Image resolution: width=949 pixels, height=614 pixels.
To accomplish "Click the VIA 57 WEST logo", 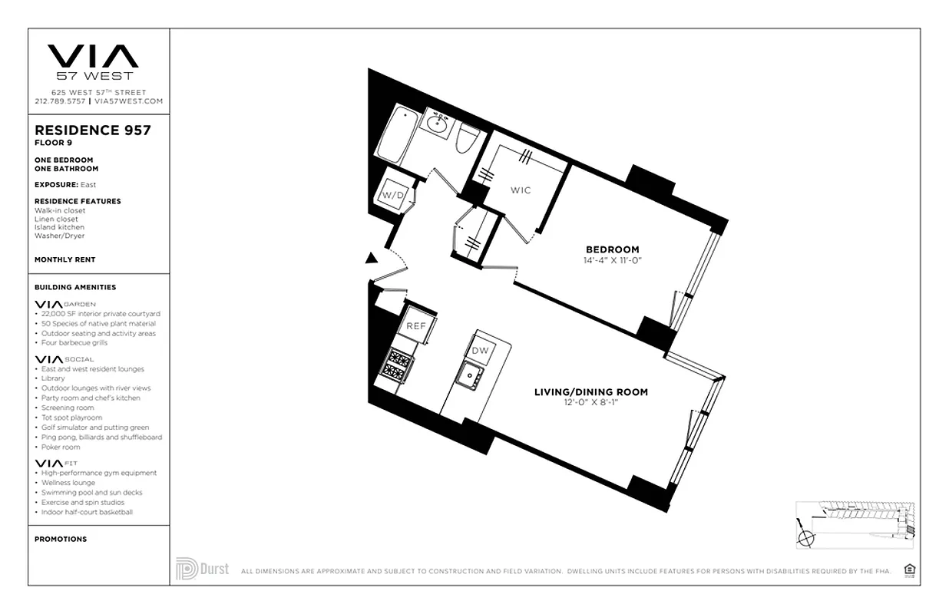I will coord(94,61).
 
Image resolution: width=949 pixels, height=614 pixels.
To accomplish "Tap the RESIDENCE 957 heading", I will coord(93,130).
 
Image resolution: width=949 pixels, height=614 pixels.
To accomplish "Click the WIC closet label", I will coord(521,190).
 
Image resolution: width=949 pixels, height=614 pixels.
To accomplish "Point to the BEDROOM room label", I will coord(612,249).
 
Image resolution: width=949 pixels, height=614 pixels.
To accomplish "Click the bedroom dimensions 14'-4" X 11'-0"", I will coord(612,260).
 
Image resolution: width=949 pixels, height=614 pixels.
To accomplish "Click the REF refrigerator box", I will coord(416,326).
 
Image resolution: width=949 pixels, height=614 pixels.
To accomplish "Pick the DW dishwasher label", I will coord(480,351).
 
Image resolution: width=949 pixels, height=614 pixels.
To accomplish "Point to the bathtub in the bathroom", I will coord(397,132).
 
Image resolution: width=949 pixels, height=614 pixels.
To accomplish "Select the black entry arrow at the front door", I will coord(372,259).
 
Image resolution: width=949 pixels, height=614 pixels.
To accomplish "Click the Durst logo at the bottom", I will coord(202,569).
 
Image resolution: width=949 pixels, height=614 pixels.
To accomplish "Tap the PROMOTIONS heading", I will coord(61,539).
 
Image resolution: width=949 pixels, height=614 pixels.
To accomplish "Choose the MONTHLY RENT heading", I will coord(65,259).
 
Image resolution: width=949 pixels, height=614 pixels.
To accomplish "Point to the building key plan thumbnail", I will coord(856,527).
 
